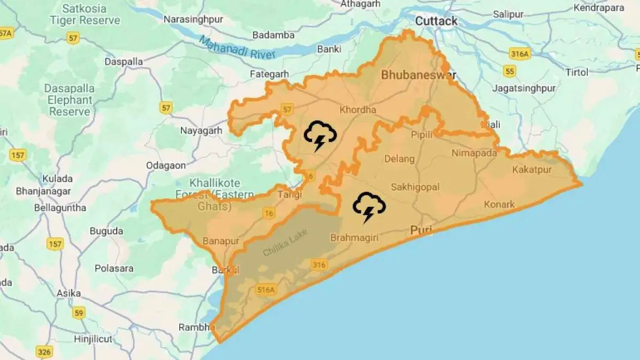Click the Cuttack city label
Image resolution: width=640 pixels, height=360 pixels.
pyautogui.click(x=436, y=21)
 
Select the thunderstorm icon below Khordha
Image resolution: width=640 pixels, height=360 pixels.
pyautogui.click(x=320, y=135)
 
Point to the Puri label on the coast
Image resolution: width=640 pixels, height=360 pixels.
pyautogui.click(x=421, y=230)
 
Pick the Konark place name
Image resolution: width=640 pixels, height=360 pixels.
pyautogui.click(x=499, y=204)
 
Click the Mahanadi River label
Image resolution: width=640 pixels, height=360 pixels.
pyautogui.click(x=237, y=47)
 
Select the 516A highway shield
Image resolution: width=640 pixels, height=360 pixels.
pyautogui.click(x=266, y=290)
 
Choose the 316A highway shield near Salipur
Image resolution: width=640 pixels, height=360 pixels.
pyautogui.click(x=519, y=53)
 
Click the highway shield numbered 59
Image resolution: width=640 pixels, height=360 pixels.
pyautogui.click(x=79, y=313)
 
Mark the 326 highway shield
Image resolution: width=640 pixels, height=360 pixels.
pyautogui.click(x=44, y=351)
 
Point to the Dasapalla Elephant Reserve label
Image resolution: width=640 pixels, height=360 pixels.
pyautogui.click(x=69, y=100)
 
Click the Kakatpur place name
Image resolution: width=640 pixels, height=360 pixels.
pyautogui.click(x=532, y=170)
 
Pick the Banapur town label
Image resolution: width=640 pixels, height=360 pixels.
pyautogui.click(x=220, y=241)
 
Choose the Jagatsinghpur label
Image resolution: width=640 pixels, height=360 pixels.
pyautogui.click(x=524, y=88)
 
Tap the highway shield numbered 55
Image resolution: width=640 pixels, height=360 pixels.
pyautogui.click(x=509, y=71)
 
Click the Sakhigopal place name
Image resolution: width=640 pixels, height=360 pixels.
pyautogui.click(x=415, y=187)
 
